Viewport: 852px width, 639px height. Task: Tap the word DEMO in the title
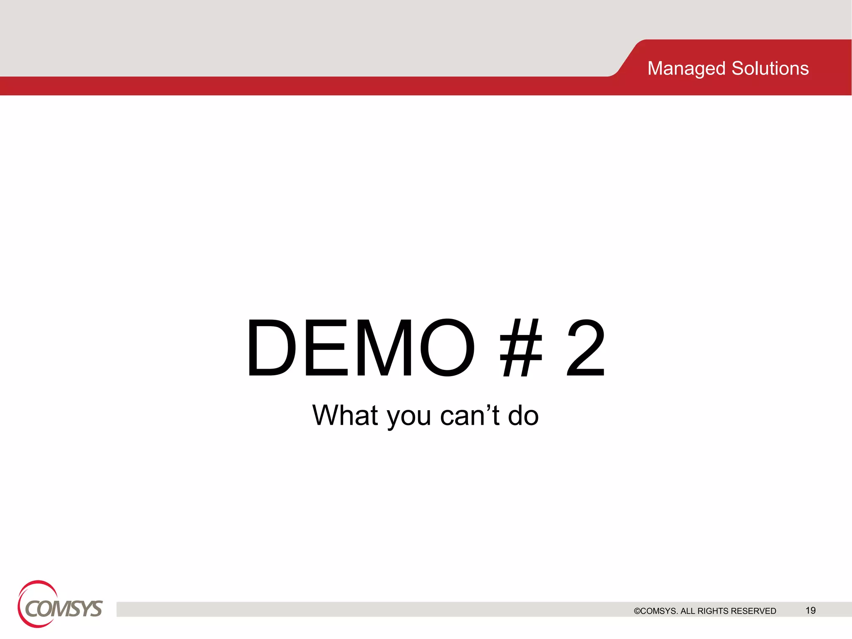360,348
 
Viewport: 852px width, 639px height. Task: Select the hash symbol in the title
521,348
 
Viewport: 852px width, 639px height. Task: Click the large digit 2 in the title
585,348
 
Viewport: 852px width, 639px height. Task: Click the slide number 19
810,610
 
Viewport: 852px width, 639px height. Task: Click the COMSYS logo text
64,609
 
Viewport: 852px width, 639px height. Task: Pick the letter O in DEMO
447,348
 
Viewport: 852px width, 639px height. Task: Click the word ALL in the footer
688,611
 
